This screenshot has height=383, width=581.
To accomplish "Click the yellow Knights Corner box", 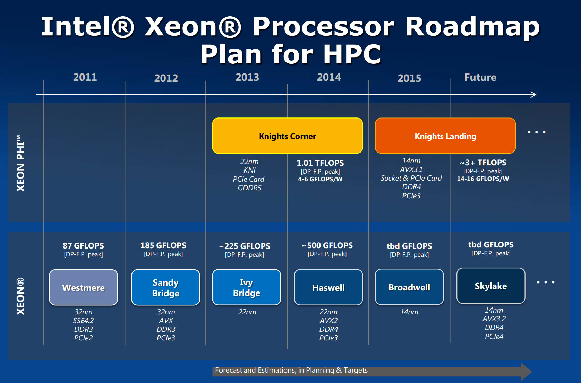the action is [288, 136].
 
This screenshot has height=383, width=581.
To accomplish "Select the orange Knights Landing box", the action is [445, 136].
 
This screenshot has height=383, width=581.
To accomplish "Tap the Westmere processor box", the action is [84, 287].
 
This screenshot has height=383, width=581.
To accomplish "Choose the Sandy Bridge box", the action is [166, 287].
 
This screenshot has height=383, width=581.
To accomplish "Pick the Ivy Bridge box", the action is [246, 287].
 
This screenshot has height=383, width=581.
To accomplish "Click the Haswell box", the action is [328, 287].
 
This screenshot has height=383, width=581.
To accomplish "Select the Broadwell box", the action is [409, 287].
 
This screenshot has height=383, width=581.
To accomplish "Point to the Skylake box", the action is [491, 286].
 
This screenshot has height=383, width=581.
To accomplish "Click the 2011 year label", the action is [85, 77].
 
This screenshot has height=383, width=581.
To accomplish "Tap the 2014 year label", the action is [328, 77].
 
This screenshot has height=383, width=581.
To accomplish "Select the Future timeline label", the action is [480, 77].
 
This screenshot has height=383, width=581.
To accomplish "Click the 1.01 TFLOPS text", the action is [320, 163].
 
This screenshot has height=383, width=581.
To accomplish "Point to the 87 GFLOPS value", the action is [83, 246].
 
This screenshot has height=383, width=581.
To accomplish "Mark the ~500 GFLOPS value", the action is [327, 245].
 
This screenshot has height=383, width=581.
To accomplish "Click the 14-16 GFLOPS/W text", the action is [483, 179].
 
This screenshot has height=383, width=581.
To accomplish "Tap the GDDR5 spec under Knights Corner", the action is [249, 188].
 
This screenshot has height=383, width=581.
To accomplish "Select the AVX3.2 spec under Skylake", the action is [494, 319].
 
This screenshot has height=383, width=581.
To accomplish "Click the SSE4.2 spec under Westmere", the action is [83, 321].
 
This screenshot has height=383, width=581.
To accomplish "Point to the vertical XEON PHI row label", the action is [20, 163].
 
